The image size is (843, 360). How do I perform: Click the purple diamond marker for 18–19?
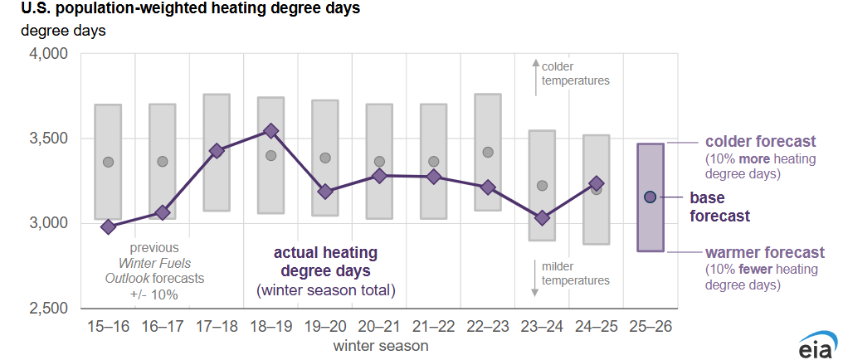pyautogui.click(x=270, y=131)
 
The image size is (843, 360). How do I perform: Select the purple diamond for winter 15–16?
pyautogui.click(x=108, y=226)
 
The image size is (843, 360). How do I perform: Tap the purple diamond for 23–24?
pyautogui.click(x=542, y=218)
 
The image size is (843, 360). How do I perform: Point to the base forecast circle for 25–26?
pyautogui.click(x=651, y=197)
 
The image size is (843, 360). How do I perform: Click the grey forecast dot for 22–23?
pyautogui.click(x=488, y=152)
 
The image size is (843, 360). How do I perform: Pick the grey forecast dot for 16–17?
pyautogui.click(x=163, y=162)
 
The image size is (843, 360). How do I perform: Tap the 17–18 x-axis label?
pyautogui.click(x=217, y=327)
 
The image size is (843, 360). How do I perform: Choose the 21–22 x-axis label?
pyautogui.click(x=433, y=327)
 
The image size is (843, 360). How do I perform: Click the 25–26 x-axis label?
pyautogui.click(x=651, y=327)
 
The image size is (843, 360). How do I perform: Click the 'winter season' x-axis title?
pyautogui.click(x=381, y=343)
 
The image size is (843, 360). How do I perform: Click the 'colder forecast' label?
pyautogui.click(x=760, y=141)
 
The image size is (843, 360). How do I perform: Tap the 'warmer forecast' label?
pyautogui.click(x=764, y=252)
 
